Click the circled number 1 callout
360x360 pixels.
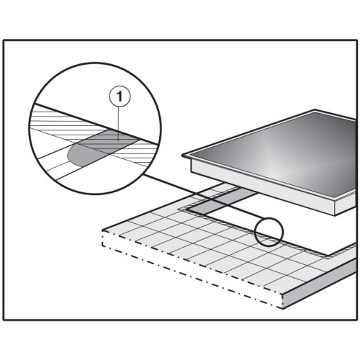(x=120, y=96)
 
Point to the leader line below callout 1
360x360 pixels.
(x=120, y=123)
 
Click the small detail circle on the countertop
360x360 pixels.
(x=269, y=232)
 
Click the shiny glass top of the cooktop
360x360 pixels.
(x=276, y=153)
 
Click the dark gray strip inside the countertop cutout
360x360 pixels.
(x=222, y=200)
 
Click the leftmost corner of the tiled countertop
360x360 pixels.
(x=102, y=230)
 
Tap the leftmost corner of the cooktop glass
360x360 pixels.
(x=182, y=156)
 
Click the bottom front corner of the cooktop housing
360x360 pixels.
(x=335, y=215)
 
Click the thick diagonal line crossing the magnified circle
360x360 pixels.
(x=96, y=124)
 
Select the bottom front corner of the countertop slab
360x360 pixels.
(x=283, y=309)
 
